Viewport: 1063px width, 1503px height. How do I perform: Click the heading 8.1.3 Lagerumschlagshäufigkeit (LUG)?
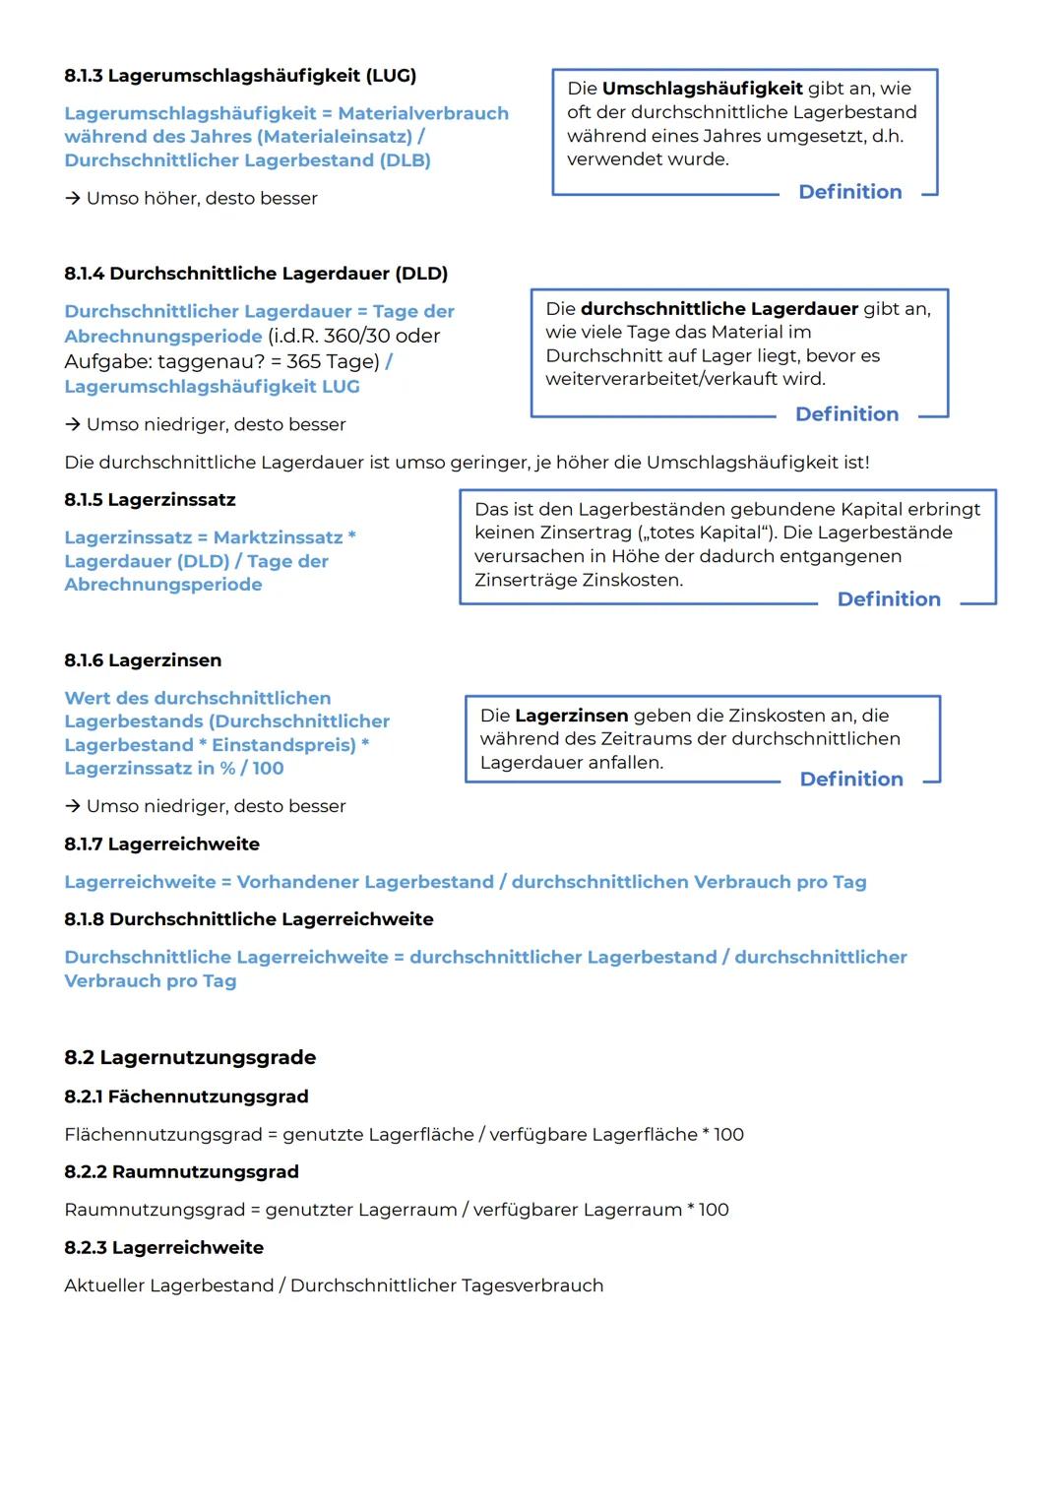(240, 76)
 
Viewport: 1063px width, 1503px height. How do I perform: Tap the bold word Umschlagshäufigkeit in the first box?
(702, 89)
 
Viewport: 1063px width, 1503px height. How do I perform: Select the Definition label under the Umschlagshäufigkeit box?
(849, 192)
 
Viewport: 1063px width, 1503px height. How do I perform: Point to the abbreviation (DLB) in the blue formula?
(405, 160)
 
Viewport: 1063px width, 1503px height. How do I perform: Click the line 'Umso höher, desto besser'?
(201, 199)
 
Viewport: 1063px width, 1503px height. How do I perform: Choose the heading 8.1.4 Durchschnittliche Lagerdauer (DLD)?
(256, 274)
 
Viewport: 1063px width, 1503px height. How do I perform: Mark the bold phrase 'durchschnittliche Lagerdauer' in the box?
(719, 309)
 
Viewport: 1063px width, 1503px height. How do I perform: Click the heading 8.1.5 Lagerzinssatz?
(150, 500)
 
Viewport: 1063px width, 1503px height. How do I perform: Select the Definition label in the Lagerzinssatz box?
(888, 599)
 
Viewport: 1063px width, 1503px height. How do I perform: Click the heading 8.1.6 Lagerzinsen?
(143, 660)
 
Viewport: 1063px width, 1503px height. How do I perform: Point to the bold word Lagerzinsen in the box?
(571, 716)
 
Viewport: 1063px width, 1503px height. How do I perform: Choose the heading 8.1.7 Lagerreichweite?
(161, 845)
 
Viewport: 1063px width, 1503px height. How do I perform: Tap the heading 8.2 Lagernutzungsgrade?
(190, 1058)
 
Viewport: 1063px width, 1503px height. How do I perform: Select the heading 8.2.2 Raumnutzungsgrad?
(181, 1172)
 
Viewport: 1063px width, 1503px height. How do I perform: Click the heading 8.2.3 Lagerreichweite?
(163, 1248)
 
